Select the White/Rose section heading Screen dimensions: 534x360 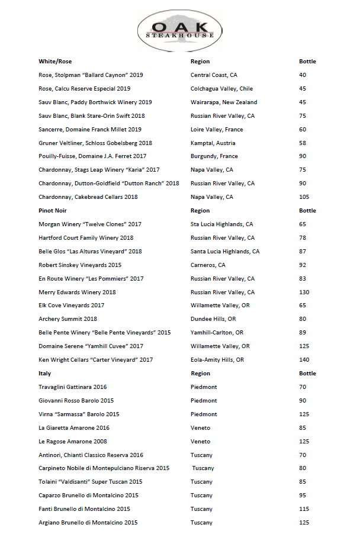pyautogui.click(x=55, y=62)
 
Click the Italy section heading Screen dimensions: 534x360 pyautogui.click(x=45, y=374)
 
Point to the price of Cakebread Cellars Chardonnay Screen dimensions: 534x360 pyautogui.click(x=304, y=197)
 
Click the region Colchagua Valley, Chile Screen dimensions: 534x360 pyautogui.click(x=221, y=89)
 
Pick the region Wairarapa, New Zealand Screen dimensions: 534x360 pyautogui.click(x=224, y=102)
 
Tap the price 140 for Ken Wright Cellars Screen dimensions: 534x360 pyautogui.click(x=304, y=360)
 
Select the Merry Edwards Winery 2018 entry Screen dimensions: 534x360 pyautogui.click(x=77, y=292)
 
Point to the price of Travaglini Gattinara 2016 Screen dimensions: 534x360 pyautogui.click(x=303, y=387)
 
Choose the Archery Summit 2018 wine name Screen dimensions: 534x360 pyautogui.click(x=67, y=319)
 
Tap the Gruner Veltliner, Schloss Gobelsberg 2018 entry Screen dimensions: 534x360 pyautogui.click(x=95, y=143)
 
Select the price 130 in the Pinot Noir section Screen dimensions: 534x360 pyautogui.click(x=304, y=292)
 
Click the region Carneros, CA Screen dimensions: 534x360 pyautogui.click(x=208, y=265)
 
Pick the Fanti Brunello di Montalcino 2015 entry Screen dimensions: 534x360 pyautogui.click(x=84, y=509)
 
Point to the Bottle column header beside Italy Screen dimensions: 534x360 pyautogui.click(x=307, y=374)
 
